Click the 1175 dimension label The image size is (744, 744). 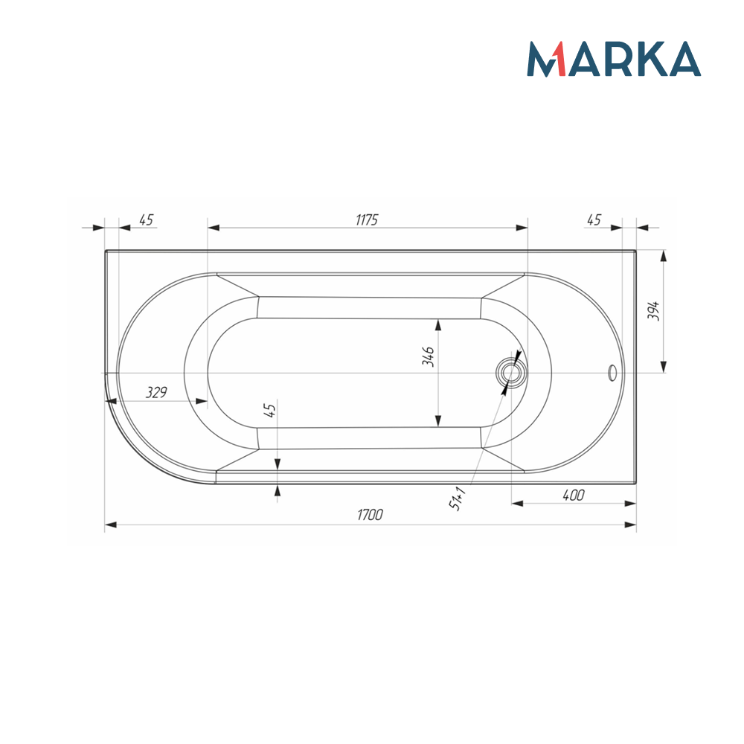pyautogui.click(x=367, y=219)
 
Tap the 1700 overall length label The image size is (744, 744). pyautogui.click(x=370, y=515)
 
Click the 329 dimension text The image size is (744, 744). pyautogui.click(x=155, y=392)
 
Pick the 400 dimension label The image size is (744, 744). pyautogui.click(x=573, y=495)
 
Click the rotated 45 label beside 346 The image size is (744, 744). pyautogui.click(x=271, y=409)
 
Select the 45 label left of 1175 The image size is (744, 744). pyautogui.click(x=146, y=219)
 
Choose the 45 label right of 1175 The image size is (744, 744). pyautogui.click(x=594, y=219)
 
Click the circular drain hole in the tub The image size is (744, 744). pyautogui.click(x=510, y=372)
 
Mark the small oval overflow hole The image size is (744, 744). pyautogui.click(x=612, y=372)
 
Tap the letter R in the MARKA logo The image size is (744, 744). pyautogui.click(x=606, y=60)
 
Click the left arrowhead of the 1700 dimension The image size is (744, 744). pyautogui.click(x=111, y=525)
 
